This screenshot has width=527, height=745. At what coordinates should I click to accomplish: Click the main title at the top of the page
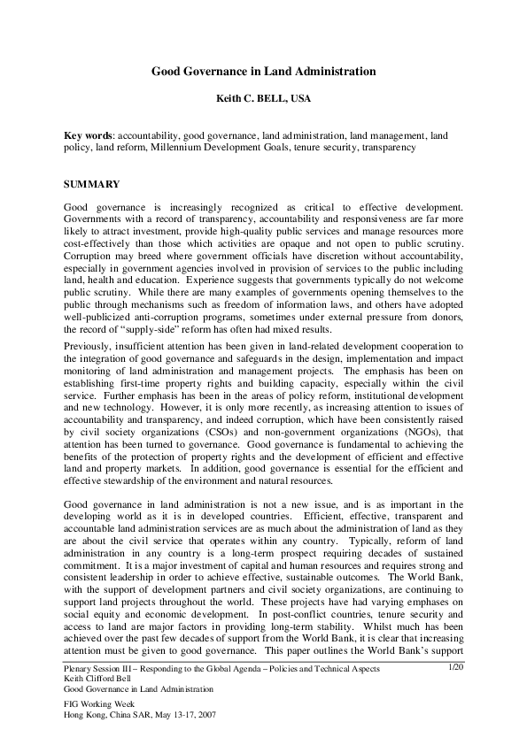(263, 71)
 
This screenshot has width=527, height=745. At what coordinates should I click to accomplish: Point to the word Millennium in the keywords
(182, 148)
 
